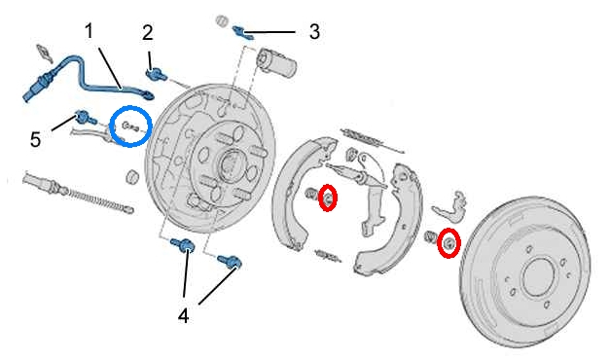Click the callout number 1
click(90, 31)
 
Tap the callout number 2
click(148, 33)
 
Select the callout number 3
click(314, 31)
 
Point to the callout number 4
click(183, 315)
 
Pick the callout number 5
click(35, 139)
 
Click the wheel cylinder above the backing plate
click(276, 62)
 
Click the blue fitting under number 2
click(156, 74)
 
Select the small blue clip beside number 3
click(243, 33)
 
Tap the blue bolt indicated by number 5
click(86, 118)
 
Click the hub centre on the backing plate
click(230, 163)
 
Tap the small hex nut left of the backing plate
click(133, 176)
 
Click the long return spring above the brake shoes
click(373, 140)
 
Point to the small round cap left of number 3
click(222, 20)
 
